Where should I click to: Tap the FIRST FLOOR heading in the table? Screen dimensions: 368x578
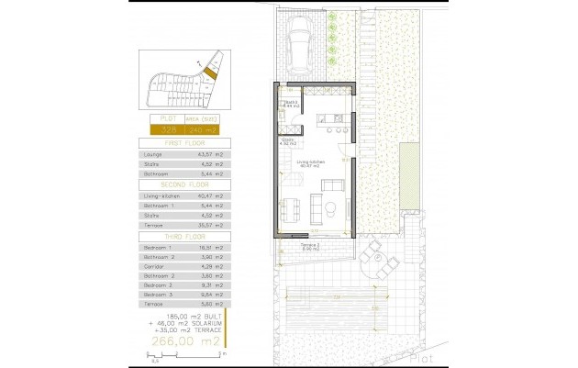coord(187,144)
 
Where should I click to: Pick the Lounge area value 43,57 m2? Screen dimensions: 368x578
coord(212,154)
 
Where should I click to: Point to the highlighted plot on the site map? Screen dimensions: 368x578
coord(209,70)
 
